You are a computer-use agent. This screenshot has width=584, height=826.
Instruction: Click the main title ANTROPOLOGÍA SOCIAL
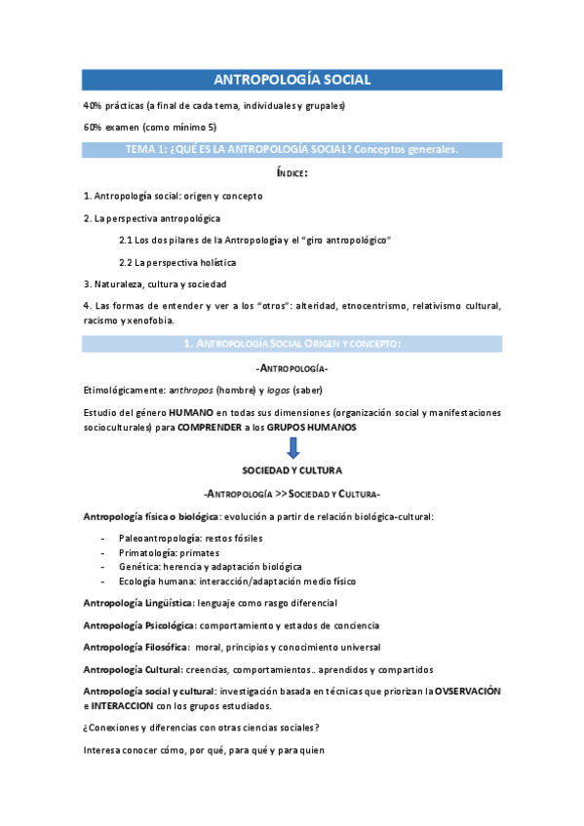coord(292,81)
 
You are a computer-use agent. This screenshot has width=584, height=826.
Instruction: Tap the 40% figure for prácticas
coord(95,105)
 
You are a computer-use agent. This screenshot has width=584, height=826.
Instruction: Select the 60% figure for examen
coord(95,128)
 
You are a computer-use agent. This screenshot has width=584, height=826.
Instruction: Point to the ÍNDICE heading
coord(292,172)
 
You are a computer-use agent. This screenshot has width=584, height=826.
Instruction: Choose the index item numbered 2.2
coord(176,262)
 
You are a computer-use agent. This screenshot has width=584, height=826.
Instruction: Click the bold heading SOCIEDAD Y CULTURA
coord(292,470)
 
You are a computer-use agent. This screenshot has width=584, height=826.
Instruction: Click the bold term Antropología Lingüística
coord(137,603)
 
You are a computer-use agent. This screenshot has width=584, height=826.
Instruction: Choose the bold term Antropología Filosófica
coord(135,647)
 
